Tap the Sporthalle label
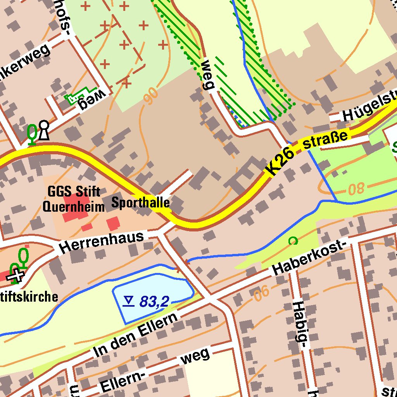tap(141, 202)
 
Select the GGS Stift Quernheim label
tap(74, 199)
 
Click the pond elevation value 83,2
tap(154, 302)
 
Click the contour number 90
tap(150, 96)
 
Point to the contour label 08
tap(356, 189)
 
